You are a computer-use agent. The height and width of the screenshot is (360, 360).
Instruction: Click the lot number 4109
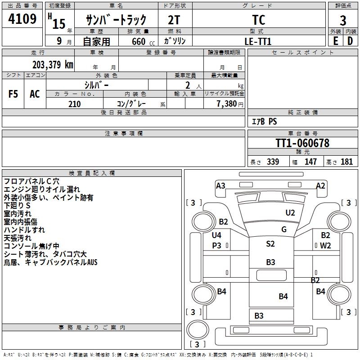coord(22,19)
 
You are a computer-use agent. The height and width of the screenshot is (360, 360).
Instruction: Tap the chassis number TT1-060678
coord(302,144)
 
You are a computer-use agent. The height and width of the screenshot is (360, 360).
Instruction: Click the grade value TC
coord(259,20)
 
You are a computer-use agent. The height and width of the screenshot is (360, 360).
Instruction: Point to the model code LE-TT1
coord(259,41)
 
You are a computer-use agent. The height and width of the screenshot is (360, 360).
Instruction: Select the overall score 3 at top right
coord(343,20)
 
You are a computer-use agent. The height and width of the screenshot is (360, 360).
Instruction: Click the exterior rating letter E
coord(335,41)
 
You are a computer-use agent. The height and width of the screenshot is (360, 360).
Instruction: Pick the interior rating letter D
coord(350,41)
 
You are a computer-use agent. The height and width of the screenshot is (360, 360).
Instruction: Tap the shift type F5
coord(13,94)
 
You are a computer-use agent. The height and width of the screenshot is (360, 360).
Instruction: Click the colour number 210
coord(74,104)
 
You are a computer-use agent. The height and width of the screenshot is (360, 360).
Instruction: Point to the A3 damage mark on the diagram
coord(220,185)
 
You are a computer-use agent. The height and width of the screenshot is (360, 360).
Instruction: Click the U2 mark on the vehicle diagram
coord(290,212)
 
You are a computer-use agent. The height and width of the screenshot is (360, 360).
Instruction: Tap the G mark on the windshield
coord(284,229)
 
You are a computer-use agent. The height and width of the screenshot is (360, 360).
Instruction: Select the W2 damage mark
coord(325,246)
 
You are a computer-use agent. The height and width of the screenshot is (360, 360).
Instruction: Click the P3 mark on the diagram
coord(217,246)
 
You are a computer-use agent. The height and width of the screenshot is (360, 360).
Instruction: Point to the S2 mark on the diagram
coord(270,244)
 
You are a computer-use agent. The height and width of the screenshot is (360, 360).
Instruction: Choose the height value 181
coord(346,162)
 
